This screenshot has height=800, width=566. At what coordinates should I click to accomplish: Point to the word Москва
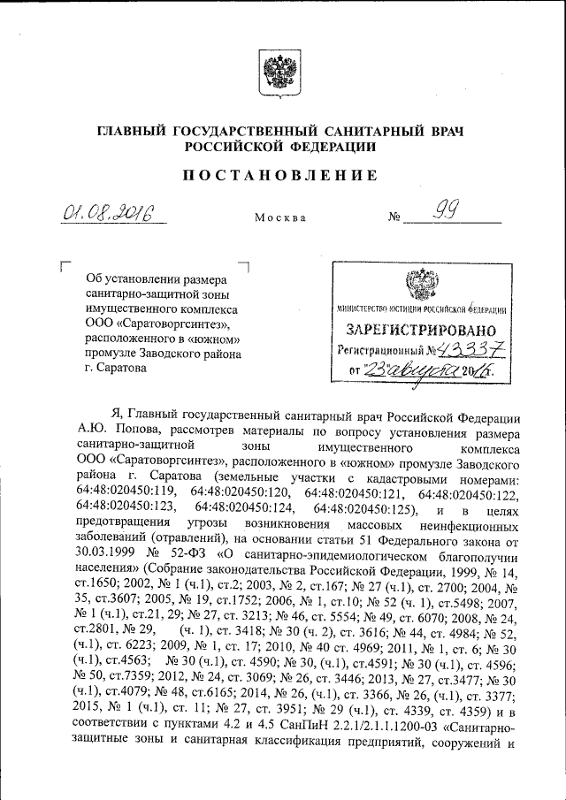280,217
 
